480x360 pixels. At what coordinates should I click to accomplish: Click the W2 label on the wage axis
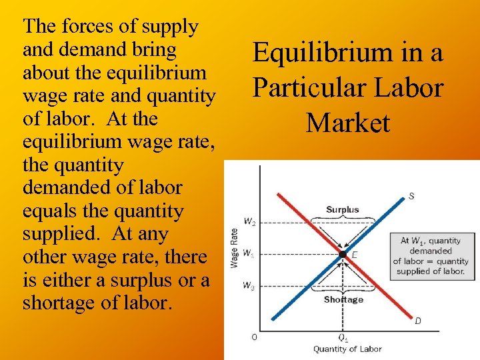pos(248,223)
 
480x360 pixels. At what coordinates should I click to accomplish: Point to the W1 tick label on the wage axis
pos(248,253)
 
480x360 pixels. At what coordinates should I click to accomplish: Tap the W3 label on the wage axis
pos(248,286)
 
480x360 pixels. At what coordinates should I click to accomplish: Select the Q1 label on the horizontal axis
pos(343,337)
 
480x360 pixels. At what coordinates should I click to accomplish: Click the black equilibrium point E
pos(342,254)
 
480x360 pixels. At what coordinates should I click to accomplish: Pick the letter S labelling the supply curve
pos(411,196)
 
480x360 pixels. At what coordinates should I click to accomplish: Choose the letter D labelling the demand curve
pos(418,321)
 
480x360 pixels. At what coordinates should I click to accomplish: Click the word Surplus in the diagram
pos(342,209)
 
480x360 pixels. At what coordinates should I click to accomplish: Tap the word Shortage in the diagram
pos(343,299)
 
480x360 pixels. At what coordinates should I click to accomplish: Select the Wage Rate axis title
pos(234,248)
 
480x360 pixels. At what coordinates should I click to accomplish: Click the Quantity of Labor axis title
pos(347,349)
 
